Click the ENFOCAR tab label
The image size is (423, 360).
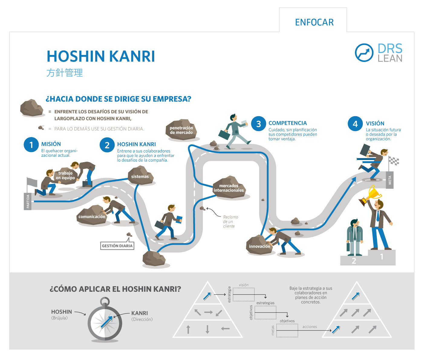click(x=314, y=22)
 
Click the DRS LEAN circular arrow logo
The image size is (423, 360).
click(x=364, y=53)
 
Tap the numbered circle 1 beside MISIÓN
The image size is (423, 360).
click(x=31, y=145)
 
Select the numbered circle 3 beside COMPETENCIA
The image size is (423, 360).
click(x=259, y=124)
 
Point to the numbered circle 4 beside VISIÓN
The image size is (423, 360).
click(x=355, y=124)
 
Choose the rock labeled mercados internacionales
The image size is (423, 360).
click(x=229, y=188)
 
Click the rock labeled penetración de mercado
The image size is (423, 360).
click(x=181, y=130)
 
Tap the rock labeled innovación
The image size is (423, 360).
click(x=259, y=246)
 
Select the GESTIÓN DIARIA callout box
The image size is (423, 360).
click(x=117, y=246)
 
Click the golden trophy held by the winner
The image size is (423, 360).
click(x=373, y=193)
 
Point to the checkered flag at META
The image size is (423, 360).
click(x=394, y=161)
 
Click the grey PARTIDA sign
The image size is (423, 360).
click(x=28, y=201)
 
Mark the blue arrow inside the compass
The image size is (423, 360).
click(x=106, y=322)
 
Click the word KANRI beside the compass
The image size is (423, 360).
click(x=139, y=313)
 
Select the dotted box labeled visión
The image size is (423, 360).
click(x=243, y=294)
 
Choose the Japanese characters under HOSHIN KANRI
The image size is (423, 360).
click(x=65, y=73)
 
